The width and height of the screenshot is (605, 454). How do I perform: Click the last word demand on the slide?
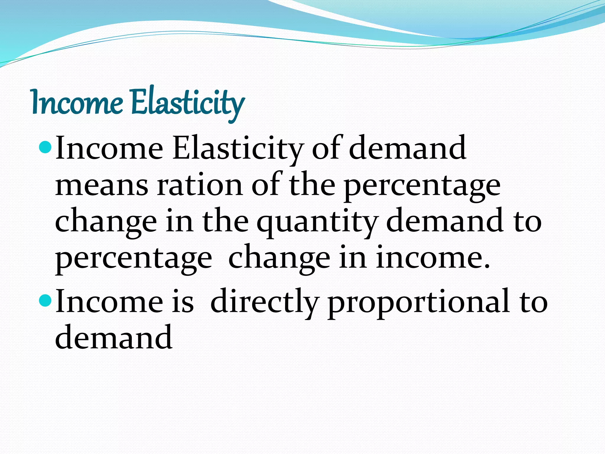tap(113, 337)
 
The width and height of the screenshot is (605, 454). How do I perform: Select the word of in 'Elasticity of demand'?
tap(326, 148)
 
